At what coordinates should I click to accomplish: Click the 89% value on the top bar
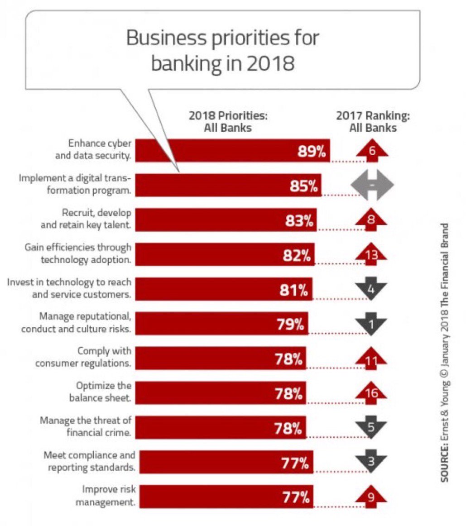tap(312, 151)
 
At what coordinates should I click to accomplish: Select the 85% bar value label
tap(304, 186)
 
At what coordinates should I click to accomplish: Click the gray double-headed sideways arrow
tap(372, 185)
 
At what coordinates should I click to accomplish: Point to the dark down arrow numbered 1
tap(371, 323)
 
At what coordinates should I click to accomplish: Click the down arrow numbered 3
tap(371, 462)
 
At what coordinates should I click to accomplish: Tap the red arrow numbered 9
tap(371, 497)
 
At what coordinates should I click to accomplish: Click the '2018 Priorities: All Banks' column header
tap(228, 122)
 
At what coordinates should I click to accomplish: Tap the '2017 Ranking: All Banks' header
tap(373, 122)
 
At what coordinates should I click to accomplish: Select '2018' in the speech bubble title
tap(270, 64)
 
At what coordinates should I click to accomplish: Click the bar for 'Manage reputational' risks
tap(222, 324)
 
